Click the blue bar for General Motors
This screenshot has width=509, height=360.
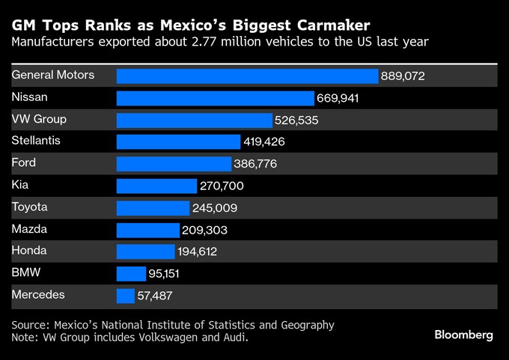tap(247, 76)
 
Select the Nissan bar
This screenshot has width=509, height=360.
tap(216, 98)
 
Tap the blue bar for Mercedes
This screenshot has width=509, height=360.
tap(126, 296)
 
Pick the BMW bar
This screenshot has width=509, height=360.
tap(131, 274)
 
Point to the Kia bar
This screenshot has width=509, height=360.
tap(156, 186)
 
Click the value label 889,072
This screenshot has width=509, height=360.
tap(403, 76)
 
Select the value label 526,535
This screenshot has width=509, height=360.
tap(298, 120)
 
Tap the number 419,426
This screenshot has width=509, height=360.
tap(264, 142)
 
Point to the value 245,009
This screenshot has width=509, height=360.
tap(215, 208)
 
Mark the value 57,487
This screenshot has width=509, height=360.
tap(155, 296)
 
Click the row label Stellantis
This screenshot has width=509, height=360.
tap(36, 140)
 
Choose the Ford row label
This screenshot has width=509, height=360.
tap(24, 162)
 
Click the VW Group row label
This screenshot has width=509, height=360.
tap(39, 118)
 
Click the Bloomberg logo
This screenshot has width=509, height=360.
tap(463, 335)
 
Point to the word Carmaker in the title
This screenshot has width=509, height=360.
tap(318, 23)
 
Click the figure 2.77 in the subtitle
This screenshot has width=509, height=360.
tap(213, 42)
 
